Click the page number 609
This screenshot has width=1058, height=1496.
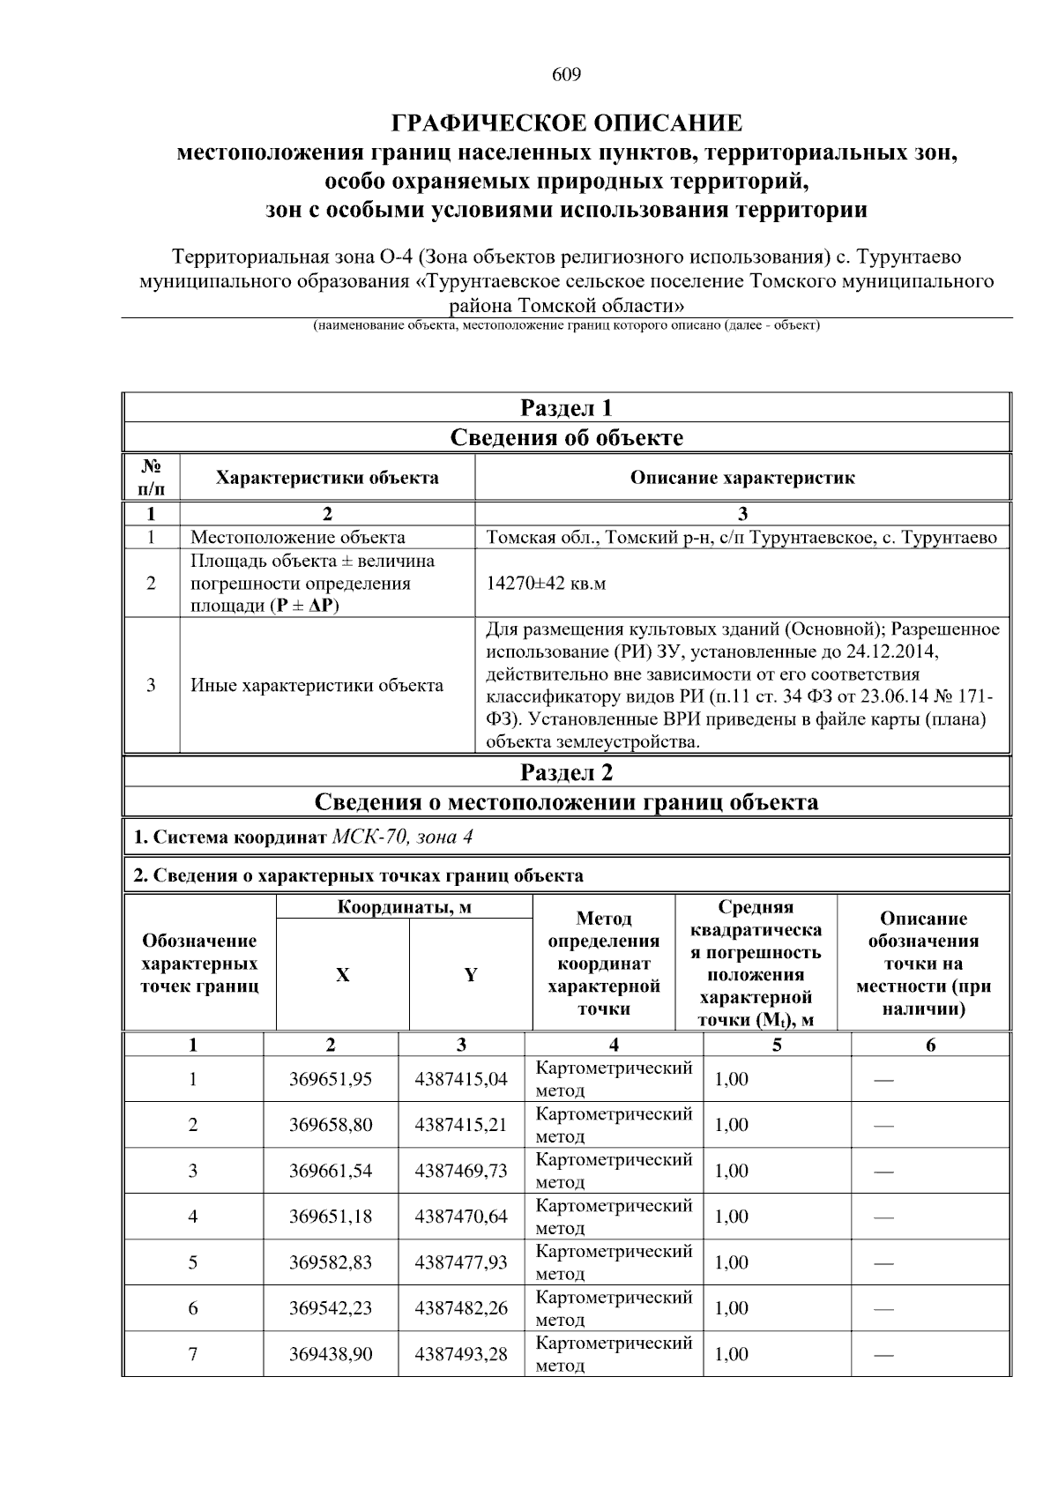coord(566,75)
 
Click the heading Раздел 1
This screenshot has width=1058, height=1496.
coord(566,408)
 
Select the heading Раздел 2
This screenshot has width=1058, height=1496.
coord(566,772)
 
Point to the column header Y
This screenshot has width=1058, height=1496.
coord(471,975)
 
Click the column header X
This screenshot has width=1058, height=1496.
coord(342,975)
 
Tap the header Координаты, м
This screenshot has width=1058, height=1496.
coord(405,907)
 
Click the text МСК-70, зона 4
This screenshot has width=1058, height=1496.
coord(402,837)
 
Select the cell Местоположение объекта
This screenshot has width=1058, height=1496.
coord(298,537)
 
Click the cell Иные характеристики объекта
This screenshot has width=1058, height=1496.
coord(317,685)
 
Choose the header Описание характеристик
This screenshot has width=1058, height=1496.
coord(742,478)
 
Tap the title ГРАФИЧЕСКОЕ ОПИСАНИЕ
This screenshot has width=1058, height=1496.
coord(566,123)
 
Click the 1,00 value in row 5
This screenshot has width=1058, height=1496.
coord(731,1262)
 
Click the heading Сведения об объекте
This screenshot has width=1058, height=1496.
coord(566,437)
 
